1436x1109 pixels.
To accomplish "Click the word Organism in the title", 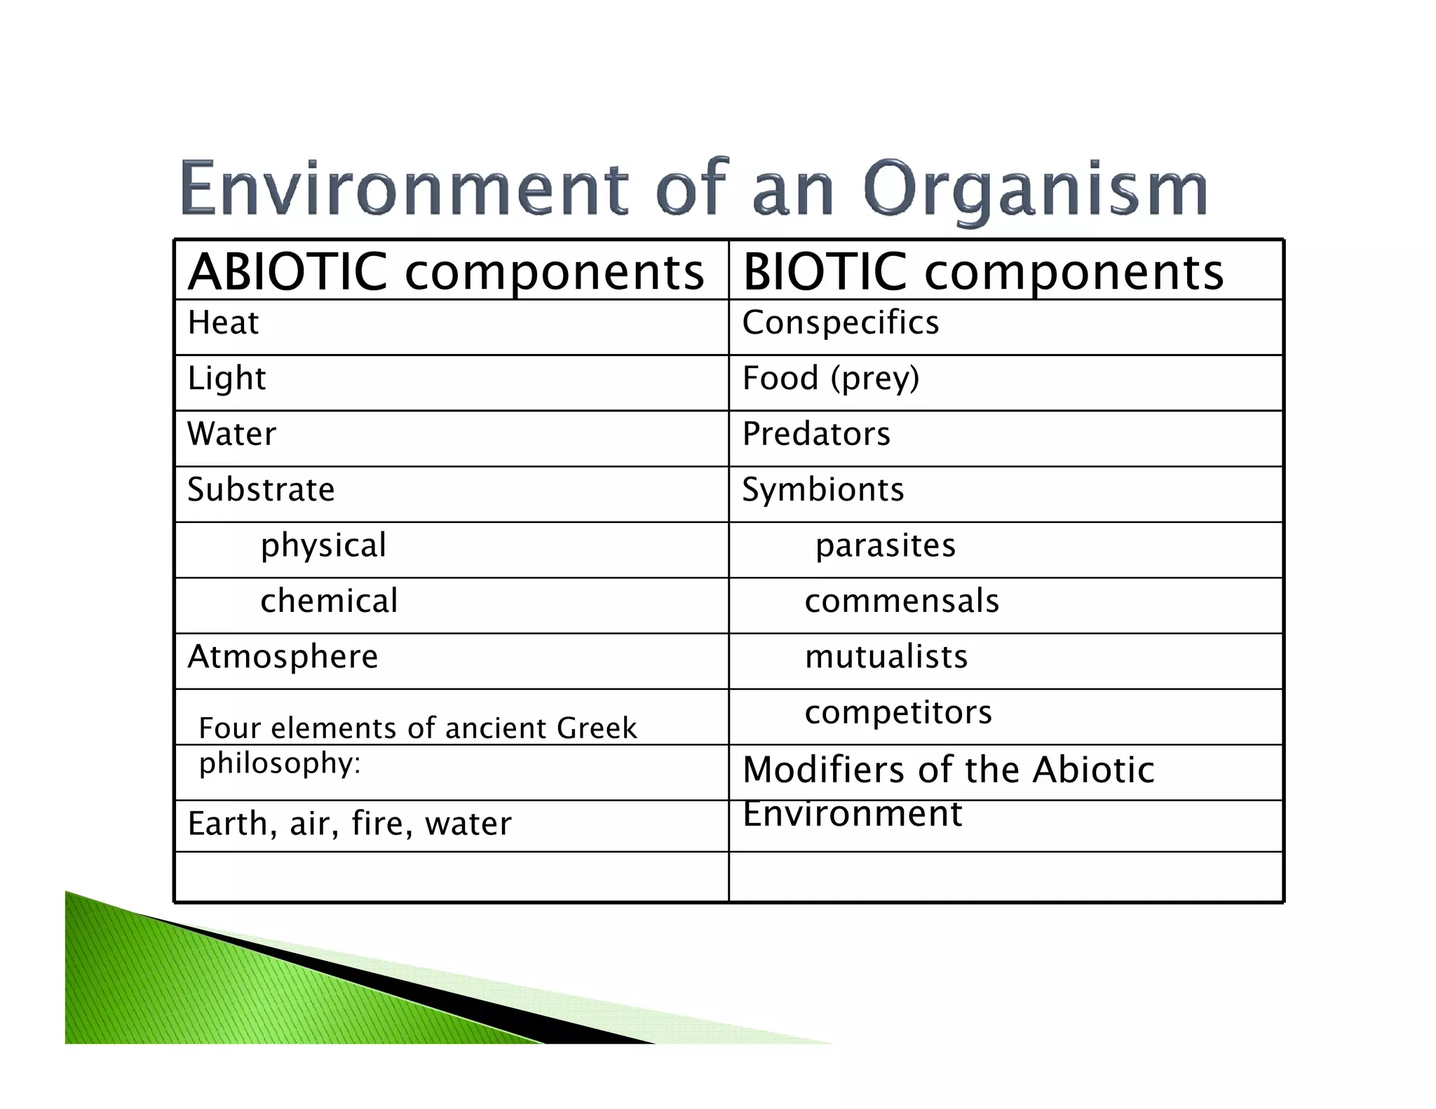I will click(x=1035, y=189).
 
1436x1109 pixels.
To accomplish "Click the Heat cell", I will click(x=223, y=323).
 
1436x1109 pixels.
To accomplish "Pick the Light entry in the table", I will click(x=226, y=379).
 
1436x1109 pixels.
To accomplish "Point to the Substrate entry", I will click(x=261, y=489).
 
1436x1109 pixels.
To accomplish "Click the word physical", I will click(x=323, y=546).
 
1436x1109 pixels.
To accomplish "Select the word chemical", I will click(x=329, y=601).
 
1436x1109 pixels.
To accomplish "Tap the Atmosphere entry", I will click(x=283, y=657).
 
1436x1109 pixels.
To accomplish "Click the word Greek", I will click(x=597, y=728).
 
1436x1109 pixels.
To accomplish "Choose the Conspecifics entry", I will click(x=840, y=323).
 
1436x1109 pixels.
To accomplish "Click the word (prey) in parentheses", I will click(x=874, y=379).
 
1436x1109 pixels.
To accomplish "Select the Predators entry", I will click(x=816, y=434).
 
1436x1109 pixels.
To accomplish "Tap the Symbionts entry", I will click(x=823, y=489).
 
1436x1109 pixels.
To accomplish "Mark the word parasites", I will click(x=886, y=545).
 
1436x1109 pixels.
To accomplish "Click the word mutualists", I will click(x=886, y=657).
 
